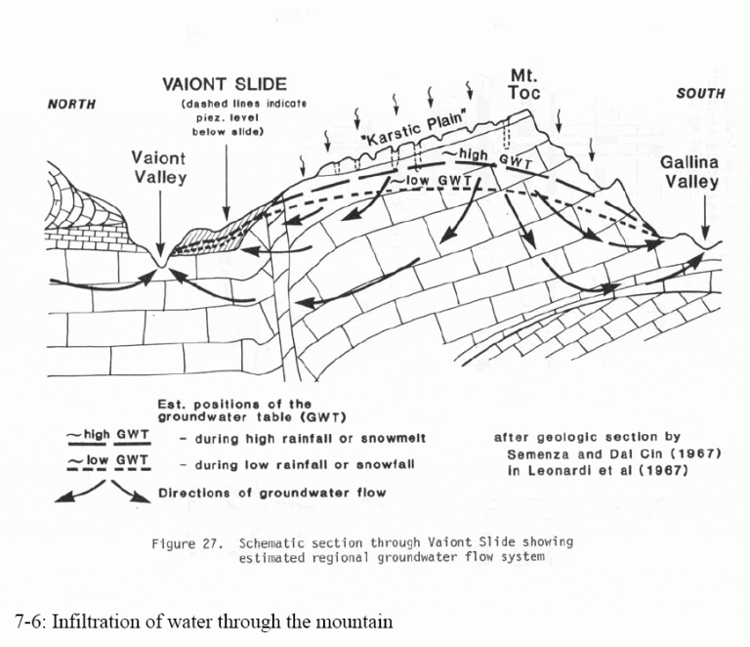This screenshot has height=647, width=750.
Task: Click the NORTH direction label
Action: point(71,104)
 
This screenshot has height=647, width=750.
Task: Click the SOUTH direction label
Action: point(700,93)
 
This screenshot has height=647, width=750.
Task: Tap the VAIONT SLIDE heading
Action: point(225,85)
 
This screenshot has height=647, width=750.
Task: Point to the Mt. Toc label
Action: point(524,84)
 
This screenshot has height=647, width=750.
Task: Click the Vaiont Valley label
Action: point(159,167)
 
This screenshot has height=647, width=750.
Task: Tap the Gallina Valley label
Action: point(689,172)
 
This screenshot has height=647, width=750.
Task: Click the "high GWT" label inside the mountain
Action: point(489,158)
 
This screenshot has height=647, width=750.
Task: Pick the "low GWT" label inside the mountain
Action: point(432,181)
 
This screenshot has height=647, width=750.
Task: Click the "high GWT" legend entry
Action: point(109,436)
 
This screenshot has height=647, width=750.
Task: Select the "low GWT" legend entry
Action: point(109,461)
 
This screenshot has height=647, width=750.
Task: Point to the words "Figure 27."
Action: point(187,544)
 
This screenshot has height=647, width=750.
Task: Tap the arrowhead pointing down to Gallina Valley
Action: point(705,234)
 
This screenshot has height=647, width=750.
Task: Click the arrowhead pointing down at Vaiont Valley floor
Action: point(160,250)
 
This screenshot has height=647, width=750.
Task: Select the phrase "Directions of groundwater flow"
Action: point(271,493)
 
